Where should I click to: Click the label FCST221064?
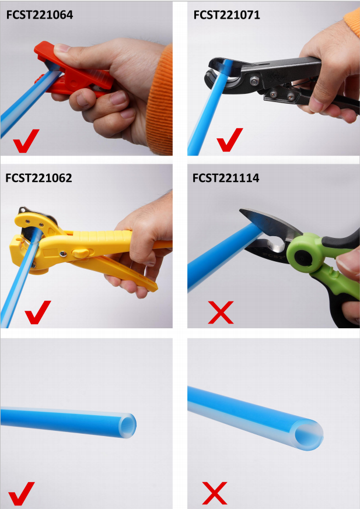[x=39, y=16]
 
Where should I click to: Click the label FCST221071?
[x=226, y=16]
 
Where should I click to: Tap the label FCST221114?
[x=226, y=178]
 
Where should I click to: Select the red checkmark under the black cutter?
[x=229, y=140]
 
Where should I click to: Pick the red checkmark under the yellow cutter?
[x=38, y=313]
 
